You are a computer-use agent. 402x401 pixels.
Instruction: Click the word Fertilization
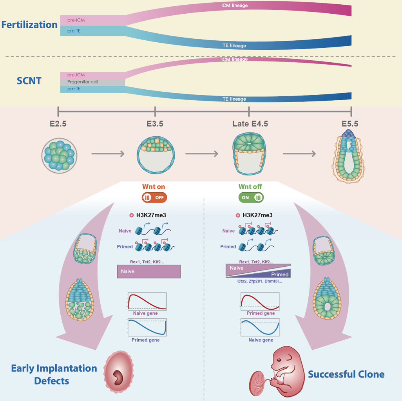pos(29,25)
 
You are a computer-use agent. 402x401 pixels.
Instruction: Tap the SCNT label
pos(29,81)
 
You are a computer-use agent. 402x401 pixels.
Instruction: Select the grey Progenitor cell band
pos(93,82)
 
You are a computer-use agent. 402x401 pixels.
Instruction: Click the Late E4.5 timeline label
pos(250,124)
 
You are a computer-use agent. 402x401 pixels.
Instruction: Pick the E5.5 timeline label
pos(350,124)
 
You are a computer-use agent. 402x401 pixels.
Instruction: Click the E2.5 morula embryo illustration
pos(59,155)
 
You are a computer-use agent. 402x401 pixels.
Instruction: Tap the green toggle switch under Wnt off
pos(251,197)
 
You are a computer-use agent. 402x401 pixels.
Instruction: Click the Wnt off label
pos(250,186)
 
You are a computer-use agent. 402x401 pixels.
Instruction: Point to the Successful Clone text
pos(346,374)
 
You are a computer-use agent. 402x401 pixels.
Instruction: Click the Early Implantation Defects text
pos(54,374)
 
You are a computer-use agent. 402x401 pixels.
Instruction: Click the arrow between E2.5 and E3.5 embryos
pos(108,154)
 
